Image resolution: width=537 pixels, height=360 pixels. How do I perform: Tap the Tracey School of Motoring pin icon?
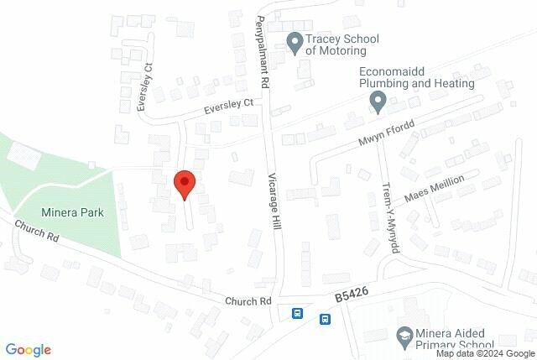pyautogui.click(x=295, y=42)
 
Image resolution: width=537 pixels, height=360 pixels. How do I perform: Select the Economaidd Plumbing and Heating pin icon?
pyautogui.click(x=378, y=102)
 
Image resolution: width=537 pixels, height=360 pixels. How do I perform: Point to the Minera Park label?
pyautogui.click(x=72, y=212)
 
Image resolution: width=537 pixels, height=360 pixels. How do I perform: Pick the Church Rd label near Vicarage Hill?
pyautogui.click(x=248, y=300)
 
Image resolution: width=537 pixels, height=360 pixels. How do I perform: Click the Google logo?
pyautogui.click(x=29, y=350)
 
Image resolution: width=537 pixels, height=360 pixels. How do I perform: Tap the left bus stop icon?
pyautogui.click(x=297, y=314)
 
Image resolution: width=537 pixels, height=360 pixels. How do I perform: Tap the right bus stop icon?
pyautogui.click(x=325, y=319)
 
